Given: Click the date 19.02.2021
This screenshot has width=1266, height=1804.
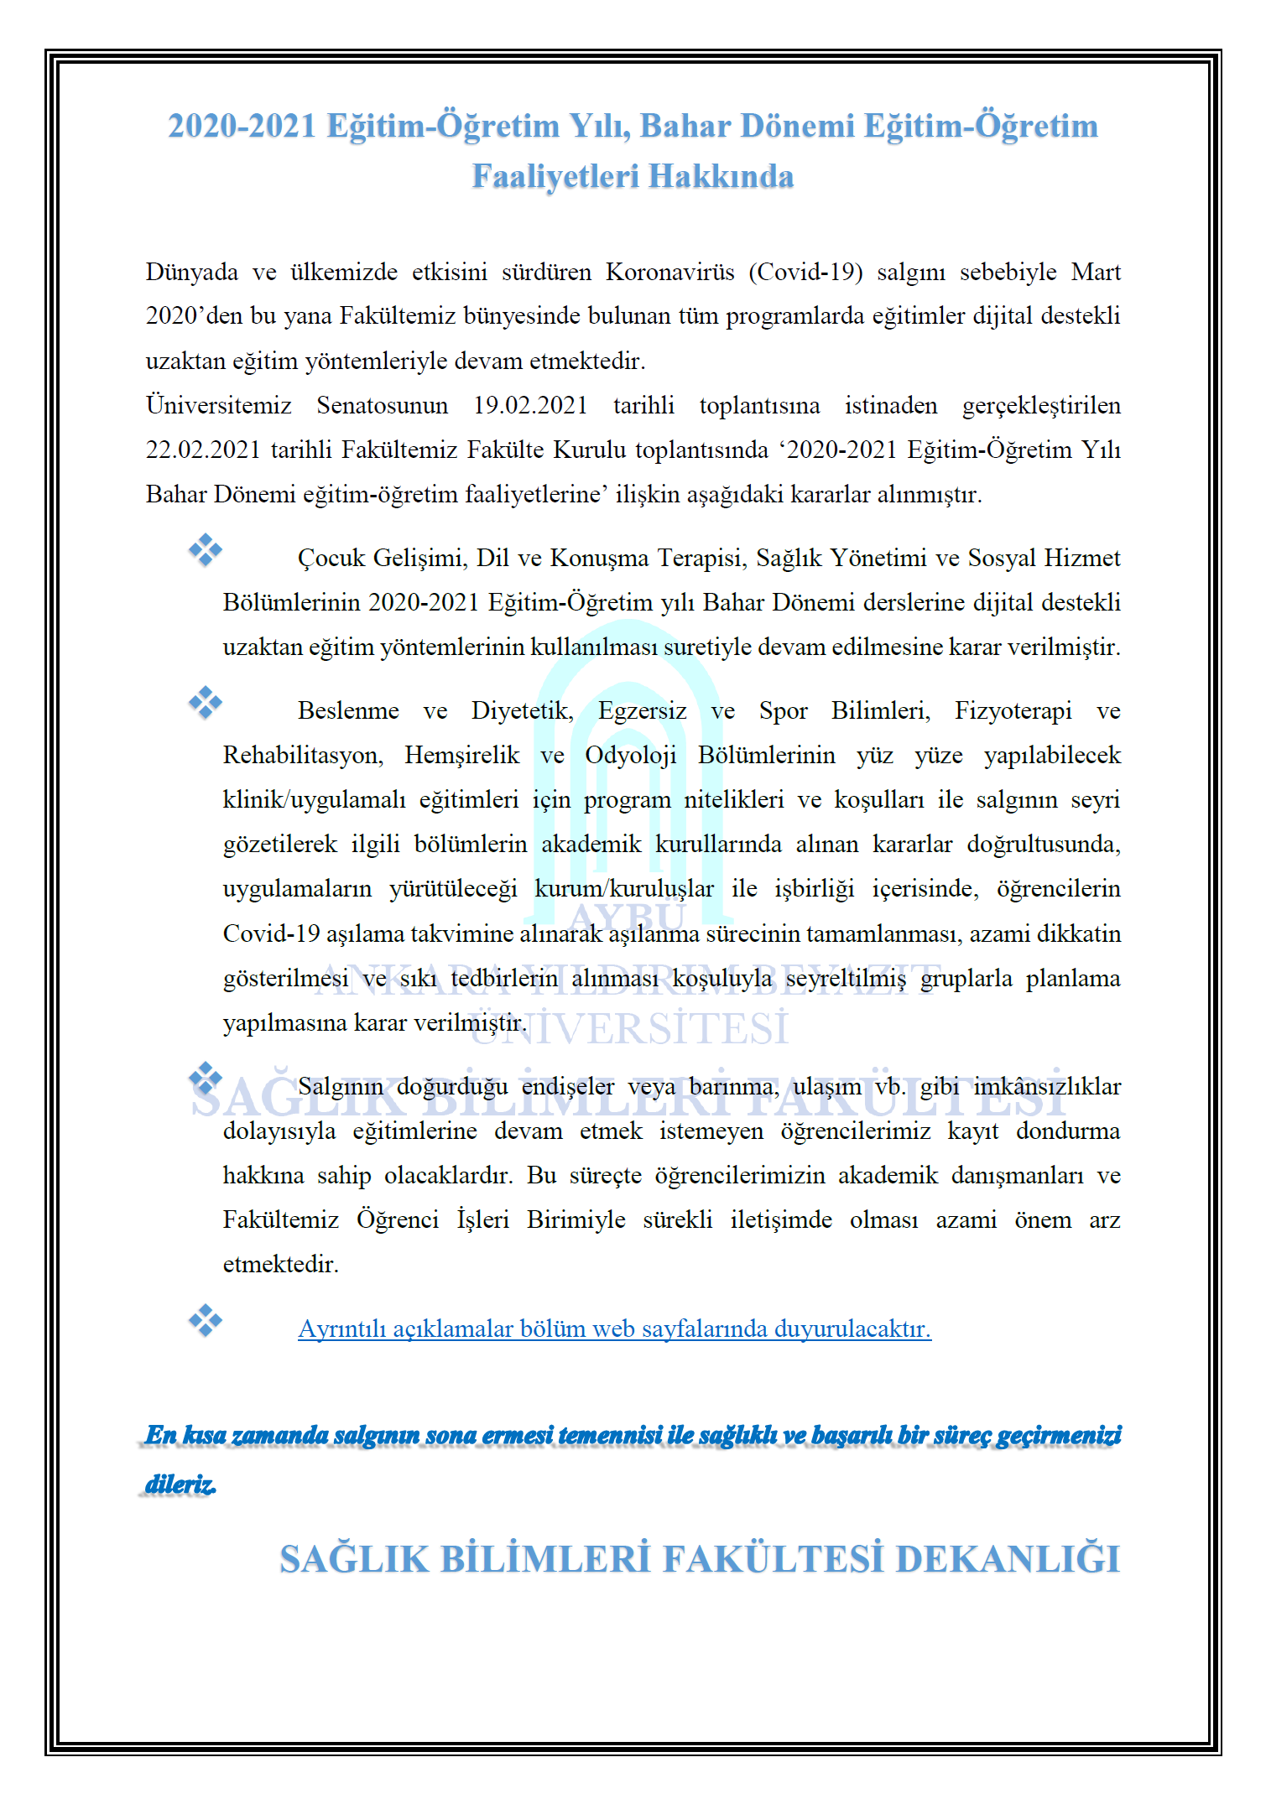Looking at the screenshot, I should [x=530, y=405].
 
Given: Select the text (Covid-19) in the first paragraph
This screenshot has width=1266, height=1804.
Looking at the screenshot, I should [x=805, y=272].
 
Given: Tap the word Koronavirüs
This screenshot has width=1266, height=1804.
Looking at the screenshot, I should [x=669, y=272].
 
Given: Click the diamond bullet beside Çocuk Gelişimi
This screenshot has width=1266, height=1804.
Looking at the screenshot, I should [x=206, y=550].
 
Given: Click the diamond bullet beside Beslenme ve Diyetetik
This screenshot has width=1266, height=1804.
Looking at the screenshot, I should [x=206, y=703].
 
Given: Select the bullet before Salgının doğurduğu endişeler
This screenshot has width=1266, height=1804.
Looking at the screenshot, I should [x=206, y=1079].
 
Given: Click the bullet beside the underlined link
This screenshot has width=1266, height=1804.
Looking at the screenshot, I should [x=206, y=1321].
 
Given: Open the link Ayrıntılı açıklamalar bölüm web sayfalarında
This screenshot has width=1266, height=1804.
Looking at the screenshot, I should [x=614, y=1329].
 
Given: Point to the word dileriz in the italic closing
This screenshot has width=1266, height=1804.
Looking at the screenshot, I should [x=180, y=1484].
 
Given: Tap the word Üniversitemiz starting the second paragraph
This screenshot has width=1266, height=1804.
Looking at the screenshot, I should [x=218, y=405].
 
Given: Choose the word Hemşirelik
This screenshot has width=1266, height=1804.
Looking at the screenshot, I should [x=461, y=755].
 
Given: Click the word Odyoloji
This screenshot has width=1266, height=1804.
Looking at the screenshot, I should [x=630, y=755].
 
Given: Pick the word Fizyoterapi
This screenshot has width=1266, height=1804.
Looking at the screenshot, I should [x=1013, y=710].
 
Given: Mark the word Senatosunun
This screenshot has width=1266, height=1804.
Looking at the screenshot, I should [x=382, y=405].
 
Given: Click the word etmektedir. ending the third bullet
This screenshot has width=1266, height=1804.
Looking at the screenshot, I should [x=280, y=1264].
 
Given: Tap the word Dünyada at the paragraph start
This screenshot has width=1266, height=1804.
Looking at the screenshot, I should [x=191, y=272].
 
